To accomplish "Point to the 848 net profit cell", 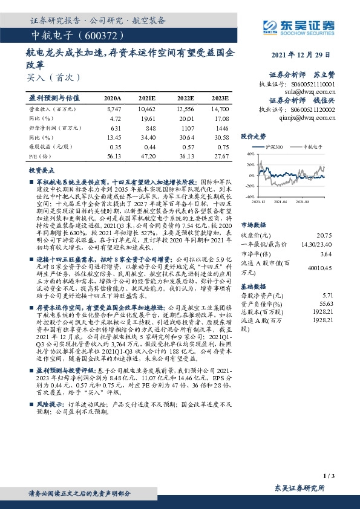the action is point(149,128).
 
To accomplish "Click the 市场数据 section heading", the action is point(255,223).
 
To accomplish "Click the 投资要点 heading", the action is point(42,171).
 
